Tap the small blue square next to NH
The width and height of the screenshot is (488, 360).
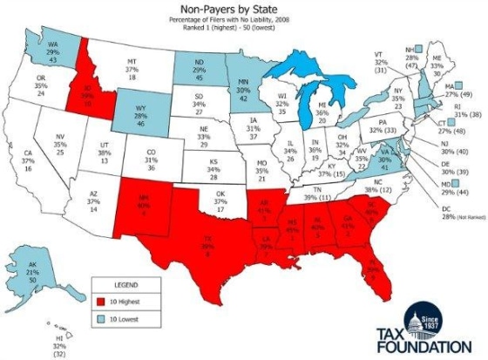(x=421, y=50)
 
